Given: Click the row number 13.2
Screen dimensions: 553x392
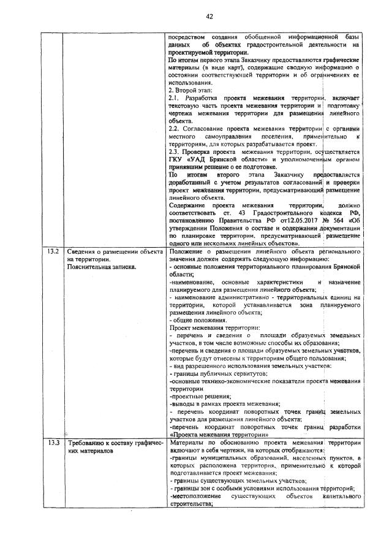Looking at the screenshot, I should click(x=52, y=252).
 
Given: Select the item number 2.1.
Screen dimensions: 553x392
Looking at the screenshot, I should click(x=173, y=98).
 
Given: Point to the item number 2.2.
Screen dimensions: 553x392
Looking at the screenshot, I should click(x=173, y=128).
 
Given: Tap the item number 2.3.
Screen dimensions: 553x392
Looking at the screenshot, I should click(x=173, y=151).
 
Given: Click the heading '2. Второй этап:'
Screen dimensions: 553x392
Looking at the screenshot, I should click(x=190, y=90).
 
